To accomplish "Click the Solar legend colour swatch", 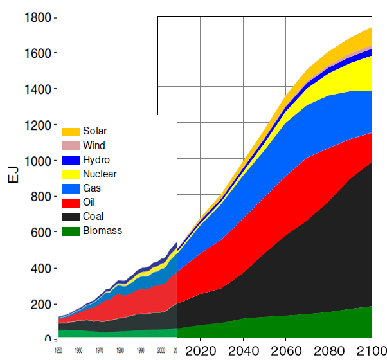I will [x=70, y=131].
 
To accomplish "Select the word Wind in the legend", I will [x=94, y=145].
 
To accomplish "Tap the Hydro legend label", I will [x=96, y=159].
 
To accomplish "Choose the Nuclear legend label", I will [x=100, y=174].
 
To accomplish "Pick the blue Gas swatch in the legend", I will [x=70, y=188].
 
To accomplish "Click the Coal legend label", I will [x=93, y=217].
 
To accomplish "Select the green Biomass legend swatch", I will [x=70, y=231].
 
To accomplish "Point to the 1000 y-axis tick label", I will [x=37, y=161].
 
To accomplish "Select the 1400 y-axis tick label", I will [x=37, y=89].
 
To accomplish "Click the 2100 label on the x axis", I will [x=371, y=350].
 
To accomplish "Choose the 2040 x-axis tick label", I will [x=243, y=350].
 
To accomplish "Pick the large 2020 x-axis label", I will [x=200, y=350].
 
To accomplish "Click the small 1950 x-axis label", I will [x=59, y=351].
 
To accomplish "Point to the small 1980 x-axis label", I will [x=120, y=351].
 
